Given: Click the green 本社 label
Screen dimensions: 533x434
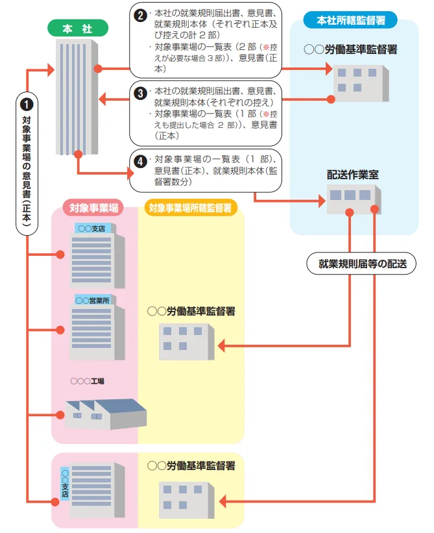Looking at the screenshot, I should (77, 29).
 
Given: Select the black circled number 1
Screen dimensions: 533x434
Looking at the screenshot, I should (27, 103).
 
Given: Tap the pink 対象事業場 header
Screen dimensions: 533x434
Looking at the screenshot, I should (94, 208).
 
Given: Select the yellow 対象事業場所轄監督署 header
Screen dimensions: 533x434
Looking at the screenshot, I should (189, 208).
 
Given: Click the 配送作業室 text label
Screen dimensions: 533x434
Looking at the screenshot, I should (352, 175).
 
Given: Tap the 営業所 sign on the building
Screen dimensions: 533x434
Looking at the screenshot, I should (91, 301).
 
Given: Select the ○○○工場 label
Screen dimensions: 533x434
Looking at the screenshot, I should (88, 380).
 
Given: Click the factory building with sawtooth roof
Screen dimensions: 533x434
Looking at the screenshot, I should (104, 414).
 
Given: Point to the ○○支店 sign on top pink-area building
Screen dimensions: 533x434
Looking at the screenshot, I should (92, 228).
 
